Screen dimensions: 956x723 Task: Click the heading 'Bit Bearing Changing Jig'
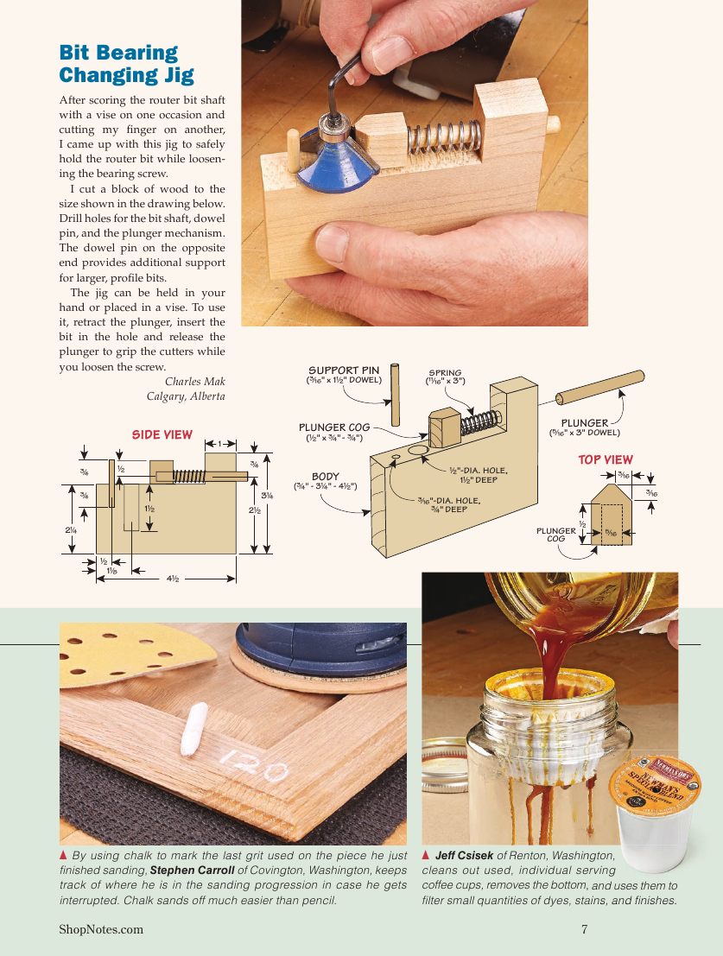click(x=126, y=64)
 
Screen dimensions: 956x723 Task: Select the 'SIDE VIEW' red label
click(x=162, y=434)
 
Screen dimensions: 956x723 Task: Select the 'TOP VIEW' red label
click(x=606, y=460)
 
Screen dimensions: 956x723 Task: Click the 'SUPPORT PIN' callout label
click(x=344, y=370)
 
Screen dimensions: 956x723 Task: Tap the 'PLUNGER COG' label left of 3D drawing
click(x=334, y=427)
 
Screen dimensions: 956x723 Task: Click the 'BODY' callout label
click(x=326, y=476)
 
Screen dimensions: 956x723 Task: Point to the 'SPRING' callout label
click(x=446, y=373)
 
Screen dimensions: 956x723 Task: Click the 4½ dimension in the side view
click(x=173, y=579)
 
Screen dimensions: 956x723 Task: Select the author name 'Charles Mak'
click(x=194, y=381)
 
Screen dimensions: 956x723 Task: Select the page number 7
click(x=585, y=929)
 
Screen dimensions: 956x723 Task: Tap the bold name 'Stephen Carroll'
click(x=192, y=870)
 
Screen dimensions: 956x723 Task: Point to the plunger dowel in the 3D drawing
click(x=599, y=387)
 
